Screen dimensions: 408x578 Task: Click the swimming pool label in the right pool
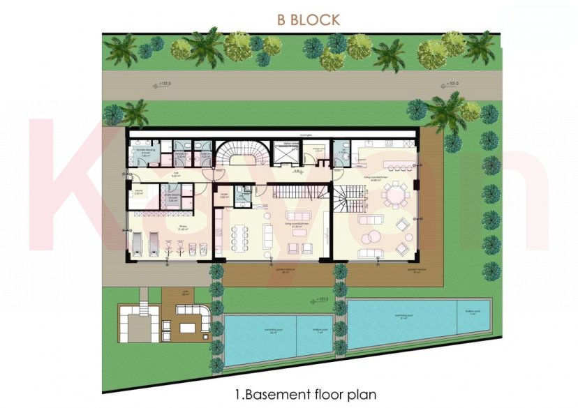coord(403,315)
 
